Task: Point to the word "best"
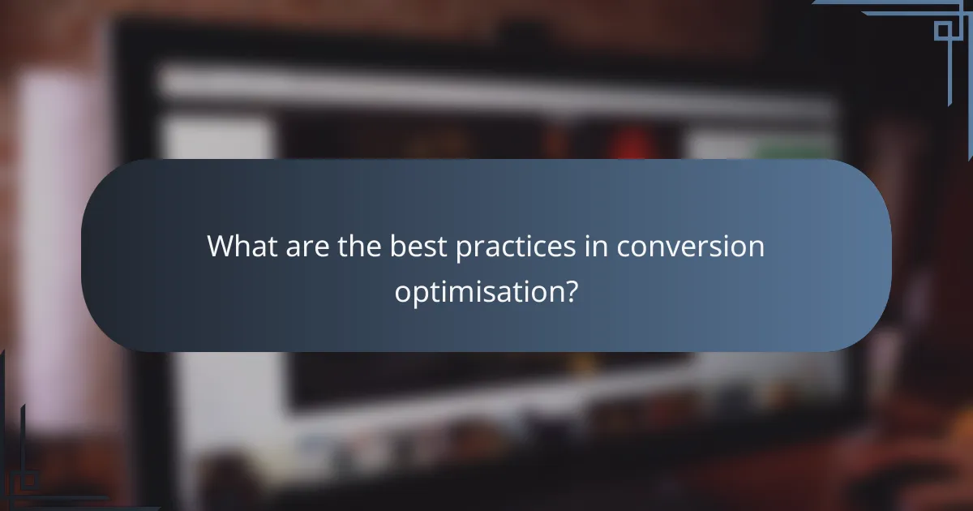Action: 418,247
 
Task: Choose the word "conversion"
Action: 691,247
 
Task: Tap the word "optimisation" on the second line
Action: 478,292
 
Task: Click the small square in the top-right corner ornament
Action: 943,30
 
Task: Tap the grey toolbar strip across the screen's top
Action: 486,85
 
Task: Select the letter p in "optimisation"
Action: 418,294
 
